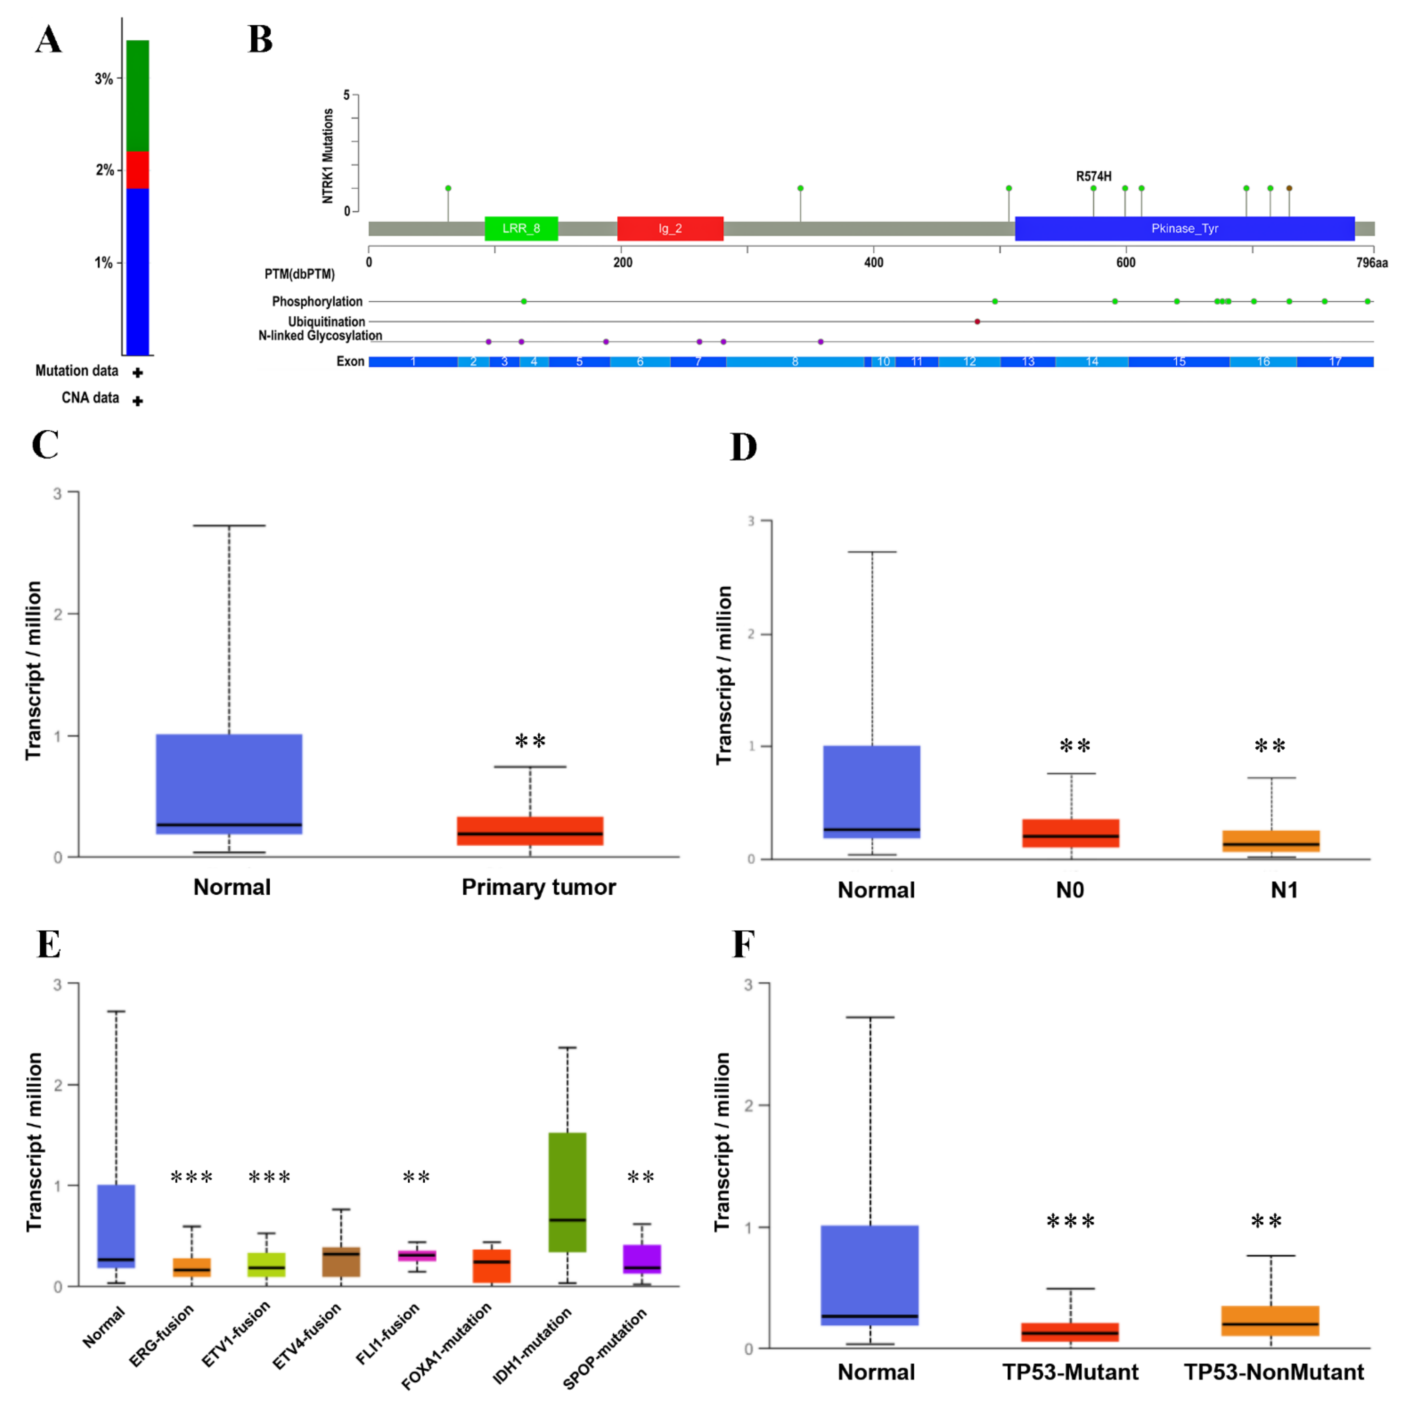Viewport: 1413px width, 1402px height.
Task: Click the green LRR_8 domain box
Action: pyautogui.click(x=521, y=228)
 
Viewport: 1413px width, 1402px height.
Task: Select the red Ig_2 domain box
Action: pyautogui.click(x=670, y=228)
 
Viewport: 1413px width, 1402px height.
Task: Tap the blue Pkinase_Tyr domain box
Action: pyautogui.click(x=1184, y=228)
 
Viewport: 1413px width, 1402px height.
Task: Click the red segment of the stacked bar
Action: pyautogui.click(x=138, y=170)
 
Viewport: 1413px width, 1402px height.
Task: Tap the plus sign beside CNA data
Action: pyautogui.click(x=138, y=401)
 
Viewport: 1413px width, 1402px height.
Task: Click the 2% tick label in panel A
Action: pyautogui.click(x=105, y=170)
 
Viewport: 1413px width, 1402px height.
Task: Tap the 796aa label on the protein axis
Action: pyautogui.click(x=1371, y=262)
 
